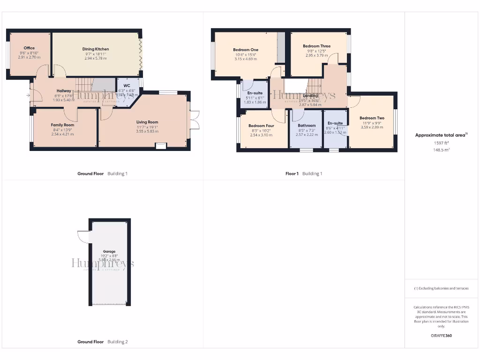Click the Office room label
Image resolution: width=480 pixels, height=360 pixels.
pos(29,48)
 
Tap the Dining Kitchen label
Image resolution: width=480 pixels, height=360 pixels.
pos(96,49)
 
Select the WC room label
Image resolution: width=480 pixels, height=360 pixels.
pos(127,85)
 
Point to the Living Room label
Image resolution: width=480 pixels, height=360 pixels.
pos(147,122)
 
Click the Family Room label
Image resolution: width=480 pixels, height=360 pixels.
pos(62,125)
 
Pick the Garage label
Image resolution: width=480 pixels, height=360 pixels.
pos(109,251)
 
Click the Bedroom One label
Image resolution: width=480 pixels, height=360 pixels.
pos(246,50)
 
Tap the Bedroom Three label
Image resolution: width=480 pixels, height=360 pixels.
pos(316,46)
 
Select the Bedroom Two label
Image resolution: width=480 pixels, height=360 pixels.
pos(372,118)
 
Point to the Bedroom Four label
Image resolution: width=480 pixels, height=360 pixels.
pos(261,126)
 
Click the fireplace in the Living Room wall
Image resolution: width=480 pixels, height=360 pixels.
pos(161,146)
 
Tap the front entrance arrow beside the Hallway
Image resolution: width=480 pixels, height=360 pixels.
pos(28,96)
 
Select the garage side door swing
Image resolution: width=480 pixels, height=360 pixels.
pos(83,237)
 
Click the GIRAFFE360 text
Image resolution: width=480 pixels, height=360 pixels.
pos(441,336)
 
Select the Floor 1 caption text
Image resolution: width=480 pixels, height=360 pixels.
pos(292,173)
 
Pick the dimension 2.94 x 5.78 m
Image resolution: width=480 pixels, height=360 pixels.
pos(96,58)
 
